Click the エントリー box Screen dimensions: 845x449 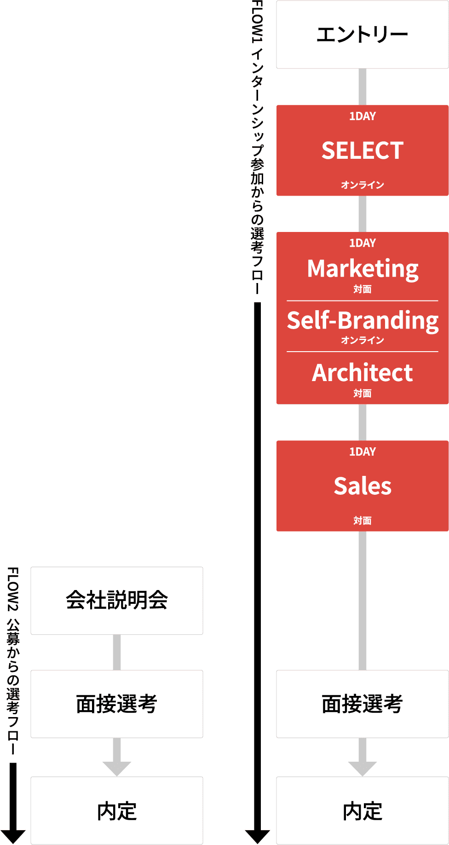pyautogui.click(x=362, y=35)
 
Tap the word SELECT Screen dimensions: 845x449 pyautogui.click(x=362, y=150)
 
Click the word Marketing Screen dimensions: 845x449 pyautogui.click(x=362, y=268)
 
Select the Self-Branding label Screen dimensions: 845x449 pyautogui.click(x=362, y=320)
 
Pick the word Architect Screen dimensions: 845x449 pyautogui.click(x=362, y=373)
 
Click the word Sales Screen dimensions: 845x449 pyautogui.click(x=362, y=486)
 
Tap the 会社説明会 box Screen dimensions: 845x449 pyautogui.click(x=116, y=601)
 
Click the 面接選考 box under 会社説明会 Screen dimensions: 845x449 pyautogui.click(x=116, y=704)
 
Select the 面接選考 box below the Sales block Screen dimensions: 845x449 pyautogui.click(x=362, y=704)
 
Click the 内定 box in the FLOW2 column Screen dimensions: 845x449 pyautogui.click(x=116, y=811)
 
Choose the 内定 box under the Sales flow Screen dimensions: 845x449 pyautogui.click(x=362, y=811)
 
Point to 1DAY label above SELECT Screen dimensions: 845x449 pyautogui.click(x=362, y=116)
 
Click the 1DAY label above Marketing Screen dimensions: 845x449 pyautogui.click(x=362, y=243)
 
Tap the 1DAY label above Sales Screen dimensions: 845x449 pyautogui.click(x=362, y=452)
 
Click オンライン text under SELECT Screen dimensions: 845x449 pyautogui.click(x=362, y=185)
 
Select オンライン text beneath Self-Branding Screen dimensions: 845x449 pyautogui.click(x=362, y=340)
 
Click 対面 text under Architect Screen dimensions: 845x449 pyautogui.click(x=362, y=394)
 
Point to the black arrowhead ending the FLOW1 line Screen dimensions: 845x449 pyautogui.click(x=257, y=836)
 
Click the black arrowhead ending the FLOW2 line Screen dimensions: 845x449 pyautogui.click(x=13, y=836)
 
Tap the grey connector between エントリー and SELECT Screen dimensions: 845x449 pyautogui.click(x=362, y=87)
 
